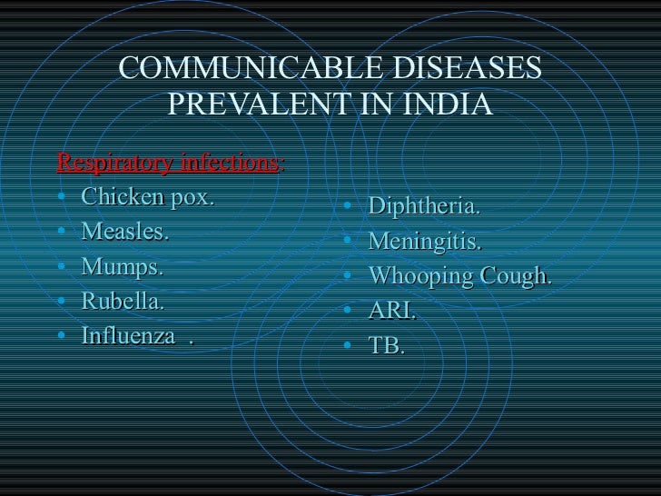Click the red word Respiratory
pyautogui.click(x=116, y=164)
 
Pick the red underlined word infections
pyautogui.click(x=231, y=164)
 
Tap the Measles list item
pyautogui.click(x=125, y=233)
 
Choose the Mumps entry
pyautogui.click(x=123, y=267)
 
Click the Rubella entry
pyautogui.click(x=123, y=302)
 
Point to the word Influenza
pyautogui.click(x=129, y=336)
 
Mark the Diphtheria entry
pyautogui.click(x=425, y=207)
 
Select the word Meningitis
pyautogui.click(x=425, y=243)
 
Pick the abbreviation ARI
pyautogui.click(x=391, y=312)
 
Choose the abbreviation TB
pyautogui.click(x=386, y=346)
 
